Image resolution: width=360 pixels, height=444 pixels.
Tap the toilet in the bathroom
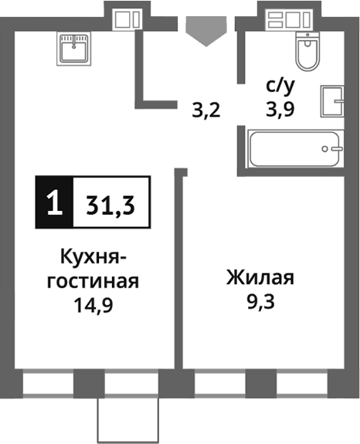[307, 53]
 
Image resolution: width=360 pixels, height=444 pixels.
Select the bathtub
[296, 148]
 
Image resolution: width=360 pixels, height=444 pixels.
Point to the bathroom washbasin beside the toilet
[334, 100]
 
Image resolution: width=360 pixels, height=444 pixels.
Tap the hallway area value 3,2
[206, 109]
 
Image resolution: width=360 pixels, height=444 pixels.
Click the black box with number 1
[53, 204]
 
